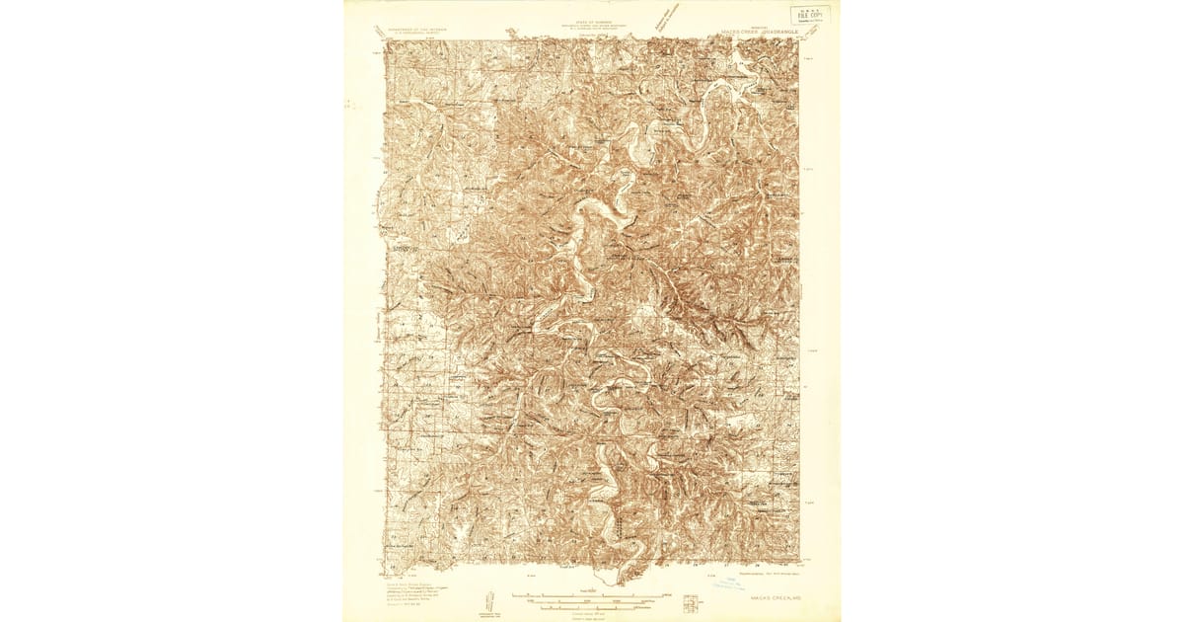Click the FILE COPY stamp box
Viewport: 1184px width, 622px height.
pos(812,15)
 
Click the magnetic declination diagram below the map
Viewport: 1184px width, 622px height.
pos(487,598)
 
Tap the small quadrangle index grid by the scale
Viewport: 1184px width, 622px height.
pos(666,598)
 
